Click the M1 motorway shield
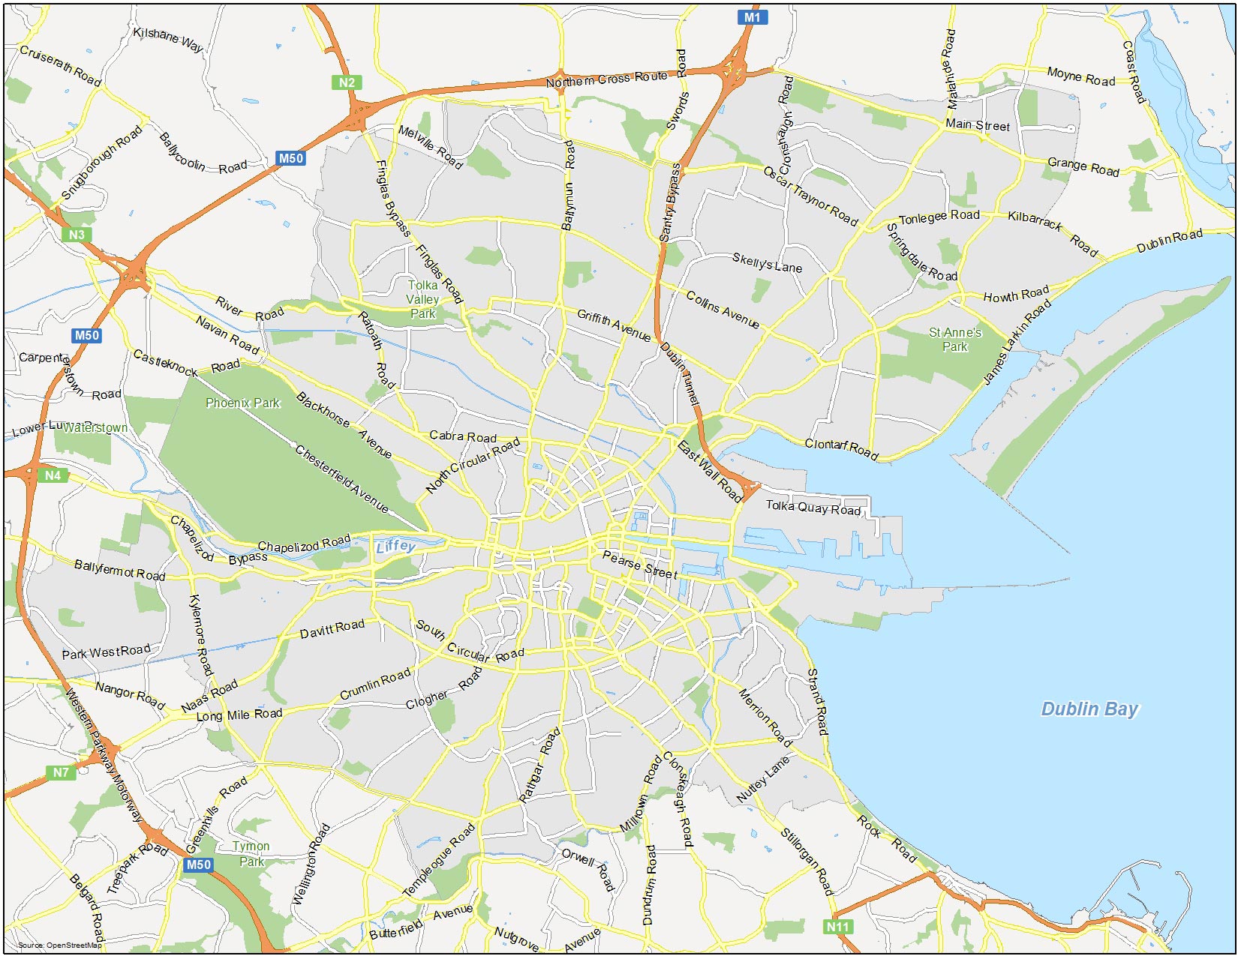pos(752,17)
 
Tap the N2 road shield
pos(347,82)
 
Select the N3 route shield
pos(77,235)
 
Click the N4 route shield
pos(53,475)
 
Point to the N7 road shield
pos(61,772)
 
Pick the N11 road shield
pos(837,927)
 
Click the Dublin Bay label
pos(1089,709)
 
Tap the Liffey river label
pos(395,546)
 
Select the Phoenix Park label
pos(242,403)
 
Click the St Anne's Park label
pos(955,339)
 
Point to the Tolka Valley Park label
pos(422,299)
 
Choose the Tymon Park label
pos(251,853)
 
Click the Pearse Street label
pos(640,565)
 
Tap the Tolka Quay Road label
pos(813,508)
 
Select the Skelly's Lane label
pos(767,263)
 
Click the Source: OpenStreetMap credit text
pos(59,945)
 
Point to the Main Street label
pos(977,125)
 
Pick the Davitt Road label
pos(332,629)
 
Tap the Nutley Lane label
pos(763,780)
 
